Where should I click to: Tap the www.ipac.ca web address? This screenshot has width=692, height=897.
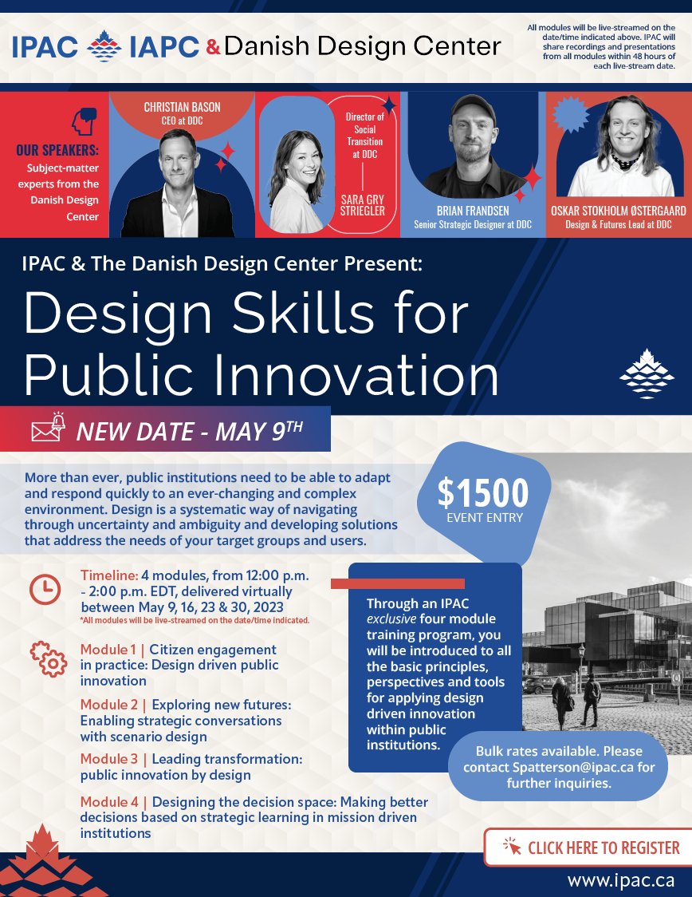pos(620,880)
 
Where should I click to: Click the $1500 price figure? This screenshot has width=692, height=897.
pos(482,494)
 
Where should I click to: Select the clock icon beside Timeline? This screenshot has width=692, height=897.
pos(45,589)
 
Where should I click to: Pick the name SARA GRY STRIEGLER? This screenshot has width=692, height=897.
pos(363,204)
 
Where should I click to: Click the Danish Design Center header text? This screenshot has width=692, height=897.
pos(363,46)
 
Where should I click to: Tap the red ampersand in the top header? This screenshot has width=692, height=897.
pos(212,47)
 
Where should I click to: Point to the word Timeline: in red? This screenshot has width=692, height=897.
pos(109,575)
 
